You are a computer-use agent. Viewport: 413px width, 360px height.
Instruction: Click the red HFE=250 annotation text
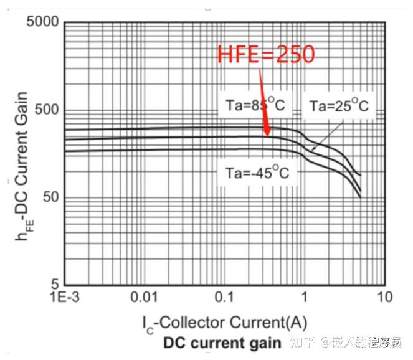(266, 55)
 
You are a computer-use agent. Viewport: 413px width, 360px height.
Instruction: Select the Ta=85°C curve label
(252, 105)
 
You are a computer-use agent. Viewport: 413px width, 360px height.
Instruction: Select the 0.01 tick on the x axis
(145, 296)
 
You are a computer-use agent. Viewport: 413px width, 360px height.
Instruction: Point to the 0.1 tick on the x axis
(224, 296)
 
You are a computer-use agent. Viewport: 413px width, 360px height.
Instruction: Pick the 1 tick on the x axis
(305, 296)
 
